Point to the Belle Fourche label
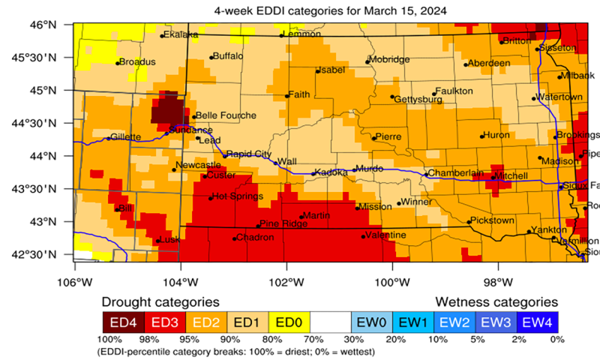[x=226, y=115]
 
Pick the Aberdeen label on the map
[x=490, y=63]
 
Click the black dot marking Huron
[x=481, y=136]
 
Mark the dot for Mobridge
[x=367, y=62]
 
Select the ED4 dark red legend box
[x=123, y=322]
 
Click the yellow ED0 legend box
[x=289, y=322]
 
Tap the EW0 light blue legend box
[x=373, y=322]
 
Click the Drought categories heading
[x=160, y=301]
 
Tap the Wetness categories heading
[x=496, y=301]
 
